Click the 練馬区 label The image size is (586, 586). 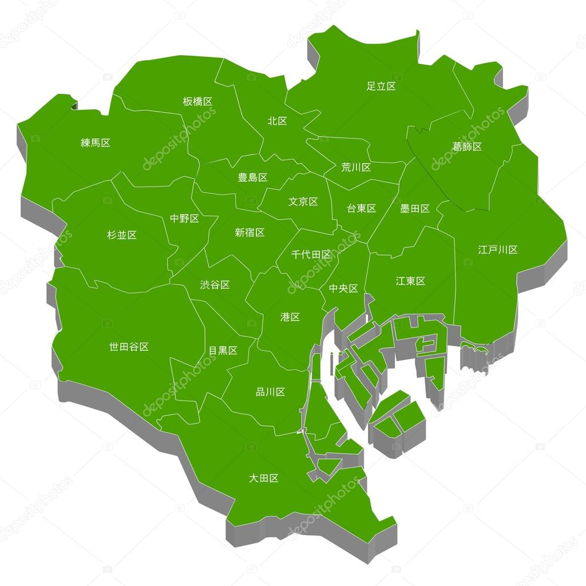[96, 142]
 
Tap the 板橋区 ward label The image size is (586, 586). [197, 101]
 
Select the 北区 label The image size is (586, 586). [278, 121]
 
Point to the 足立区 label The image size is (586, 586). [381, 86]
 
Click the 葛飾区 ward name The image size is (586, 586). [467, 146]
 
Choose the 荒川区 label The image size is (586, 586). [356, 167]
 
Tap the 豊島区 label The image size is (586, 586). [252, 177]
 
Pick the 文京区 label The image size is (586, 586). [303, 201]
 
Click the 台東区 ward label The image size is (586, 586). [361, 208]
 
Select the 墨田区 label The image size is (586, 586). [415, 208]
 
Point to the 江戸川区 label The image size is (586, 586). [498, 250]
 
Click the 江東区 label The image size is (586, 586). [410, 281]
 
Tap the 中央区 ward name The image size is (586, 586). [343, 288]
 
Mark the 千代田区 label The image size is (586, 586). [311, 254]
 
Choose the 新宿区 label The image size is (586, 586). [250, 232]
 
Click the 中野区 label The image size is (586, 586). [184, 218]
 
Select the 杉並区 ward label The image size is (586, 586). [122, 235]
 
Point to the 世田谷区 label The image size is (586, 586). [129, 346]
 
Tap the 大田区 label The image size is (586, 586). [264, 478]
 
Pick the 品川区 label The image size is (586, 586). [270, 392]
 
